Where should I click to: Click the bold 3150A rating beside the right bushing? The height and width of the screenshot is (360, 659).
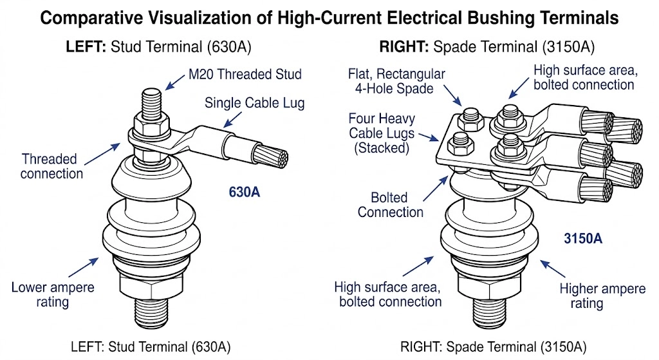(x=583, y=238)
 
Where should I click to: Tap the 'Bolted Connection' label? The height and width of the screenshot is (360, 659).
(x=391, y=204)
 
